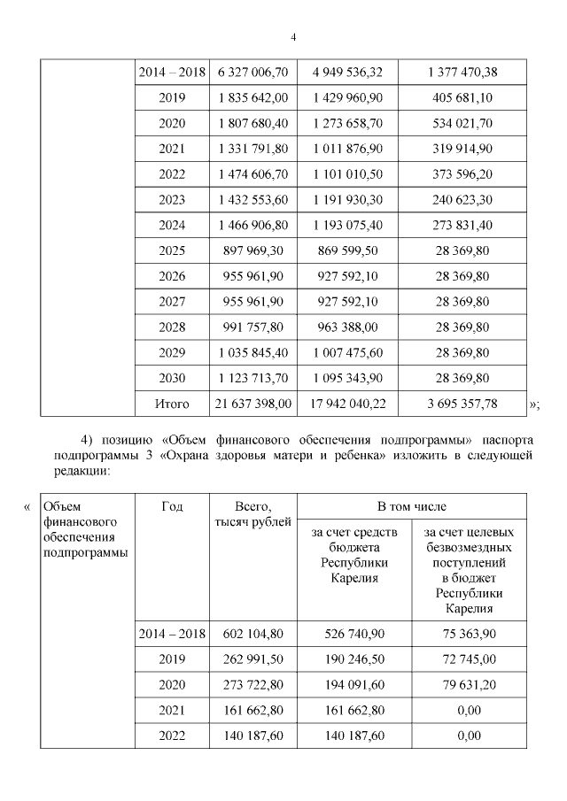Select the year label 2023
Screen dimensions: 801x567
(x=172, y=200)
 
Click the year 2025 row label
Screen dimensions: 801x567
(x=172, y=250)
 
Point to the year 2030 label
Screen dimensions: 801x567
(x=172, y=378)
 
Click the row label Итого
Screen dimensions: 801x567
(x=172, y=404)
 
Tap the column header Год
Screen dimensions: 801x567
(x=172, y=507)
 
